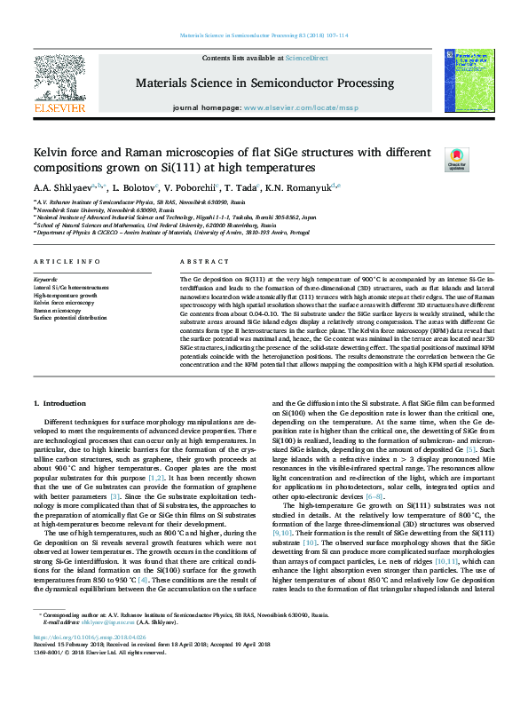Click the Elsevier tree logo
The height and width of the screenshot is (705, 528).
pos(59,82)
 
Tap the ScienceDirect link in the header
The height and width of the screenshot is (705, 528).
pos(306,58)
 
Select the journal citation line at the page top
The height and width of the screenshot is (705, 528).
pos(263,36)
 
